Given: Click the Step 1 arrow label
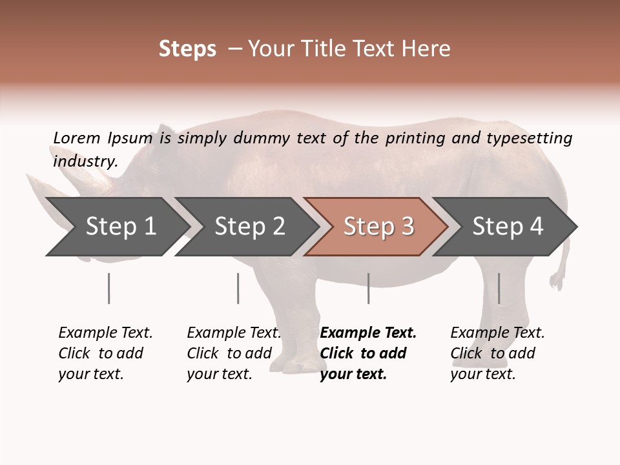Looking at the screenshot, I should click(121, 227).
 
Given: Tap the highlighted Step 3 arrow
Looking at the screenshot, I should click(378, 227).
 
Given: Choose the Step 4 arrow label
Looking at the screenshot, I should click(508, 227).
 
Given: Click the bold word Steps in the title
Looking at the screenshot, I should click(187, 49).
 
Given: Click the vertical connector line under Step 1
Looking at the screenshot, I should click(108, 288).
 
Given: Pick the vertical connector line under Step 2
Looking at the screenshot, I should click(238, 288).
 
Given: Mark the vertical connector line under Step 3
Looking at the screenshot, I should click(368, 288).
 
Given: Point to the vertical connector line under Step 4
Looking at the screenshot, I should click(499, 288).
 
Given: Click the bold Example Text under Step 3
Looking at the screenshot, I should click(368, 333).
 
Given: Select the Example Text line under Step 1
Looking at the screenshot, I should click(105, 333).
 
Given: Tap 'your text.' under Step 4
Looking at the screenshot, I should click(482, 375).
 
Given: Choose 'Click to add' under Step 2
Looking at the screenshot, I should click(229, 354).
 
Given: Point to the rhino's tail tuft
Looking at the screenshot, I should click(556, 280).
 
